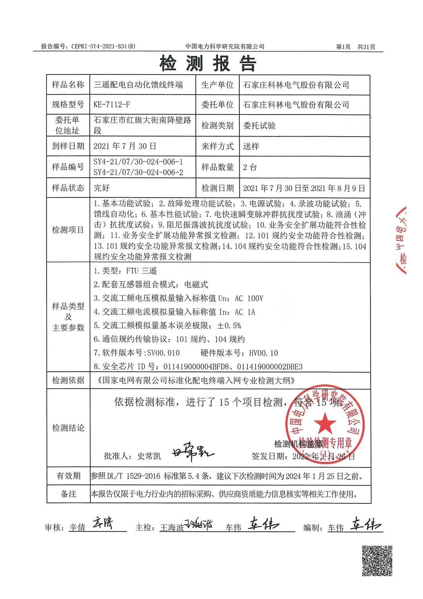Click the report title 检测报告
point(208,63)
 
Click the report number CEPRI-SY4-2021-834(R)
point(103,46)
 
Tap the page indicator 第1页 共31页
point(355,47)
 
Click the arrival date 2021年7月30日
point(125,146)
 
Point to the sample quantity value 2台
point(250,167)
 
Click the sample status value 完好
point(101,188)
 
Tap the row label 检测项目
point(68,230)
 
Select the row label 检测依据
point(68,380)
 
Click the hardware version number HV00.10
point(263,353)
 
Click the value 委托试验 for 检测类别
point(259,126)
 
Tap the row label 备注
point(68,494)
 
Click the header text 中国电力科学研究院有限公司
point(225,47)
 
